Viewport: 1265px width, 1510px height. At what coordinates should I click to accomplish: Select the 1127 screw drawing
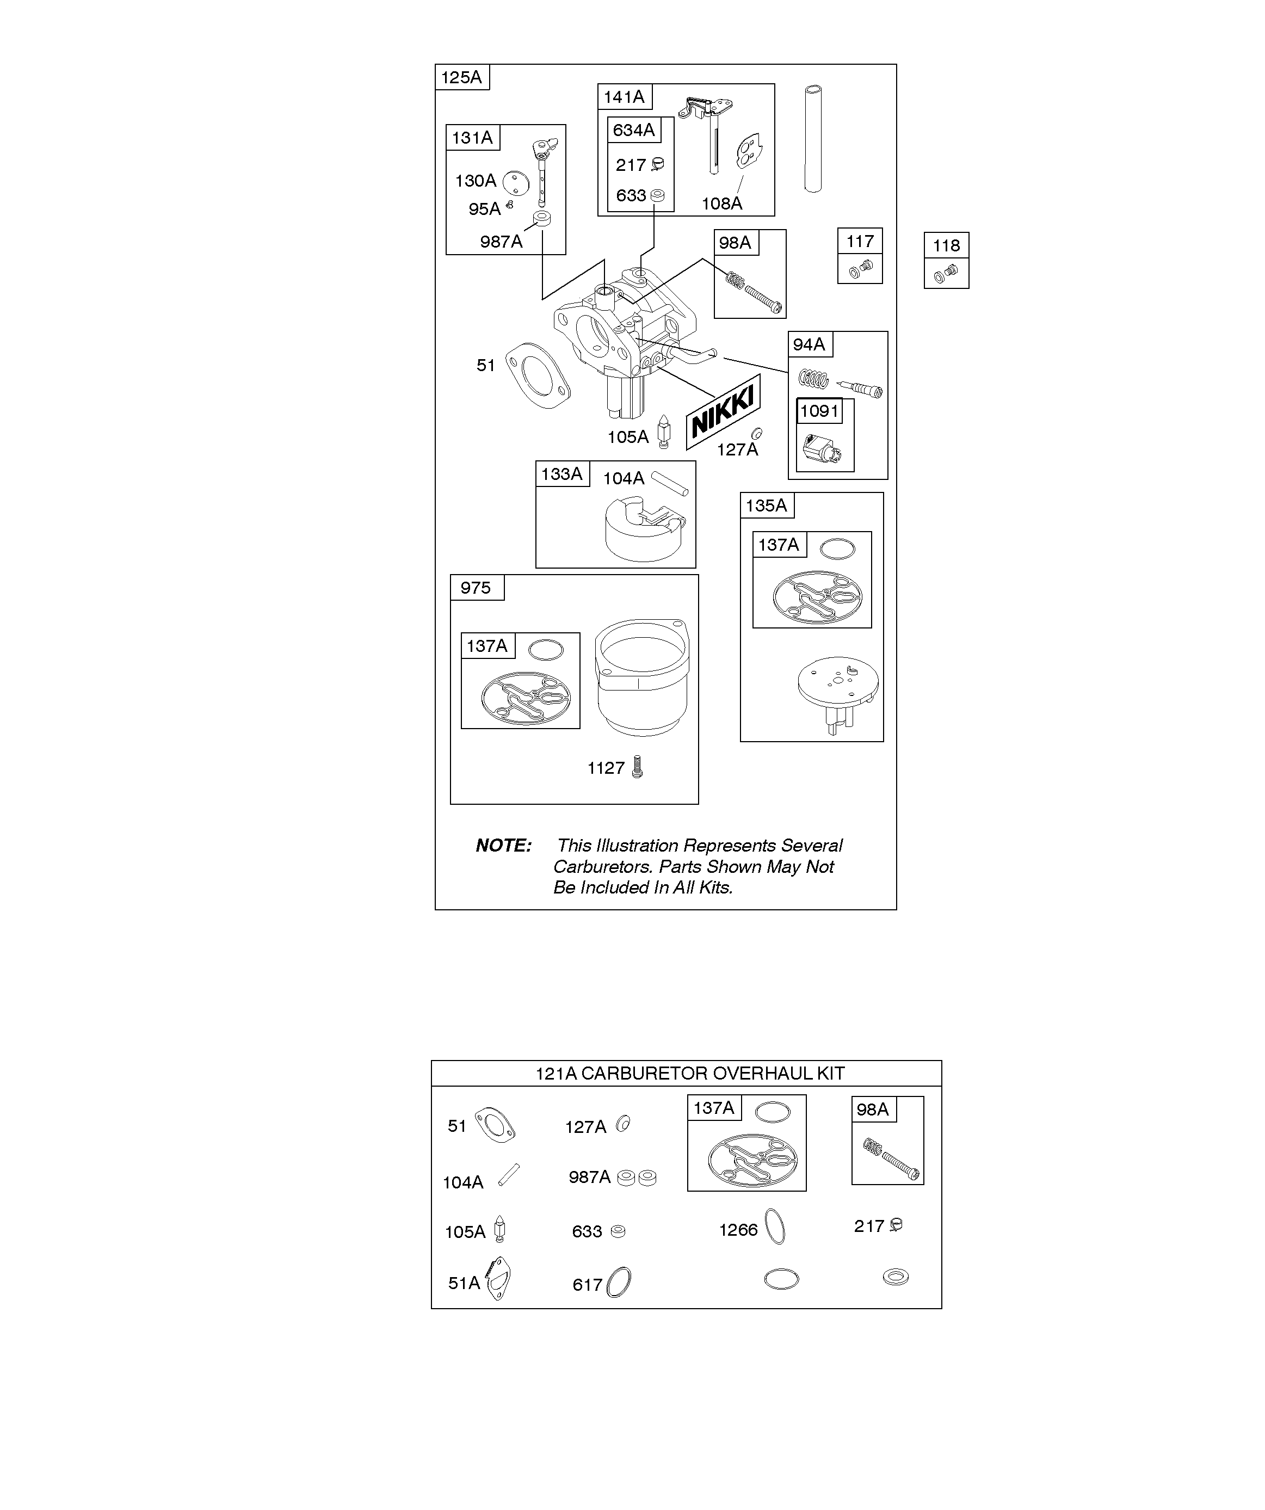pyautogui.click(x=637, y=767)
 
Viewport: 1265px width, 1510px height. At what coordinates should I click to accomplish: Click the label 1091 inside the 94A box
pyautogui.click(x=819, y=411)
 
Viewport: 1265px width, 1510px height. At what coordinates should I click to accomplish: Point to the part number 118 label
pyautogui.click(x=946, y=246)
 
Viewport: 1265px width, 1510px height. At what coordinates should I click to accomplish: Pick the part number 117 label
pyautogui.click(x=860, y=242)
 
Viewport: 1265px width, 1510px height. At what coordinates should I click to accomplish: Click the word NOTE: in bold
pyautogui.click(x=503, y=846)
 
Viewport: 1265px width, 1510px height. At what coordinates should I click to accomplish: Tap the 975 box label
pyautogui.click(x=476, y=588)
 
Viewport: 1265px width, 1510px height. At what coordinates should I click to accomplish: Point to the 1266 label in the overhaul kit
pyautogui.click(x=738, y=1230)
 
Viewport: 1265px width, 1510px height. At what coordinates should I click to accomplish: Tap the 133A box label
pyautogui.click(x=561, y=474)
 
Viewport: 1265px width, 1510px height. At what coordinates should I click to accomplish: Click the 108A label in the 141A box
pyautogui.click(x=722, y=204)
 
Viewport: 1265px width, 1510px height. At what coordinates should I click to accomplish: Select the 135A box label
pyautogui.click(x=767, y=506)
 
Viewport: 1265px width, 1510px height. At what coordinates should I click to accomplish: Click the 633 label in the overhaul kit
pyautogui.click(x=587, y=1232)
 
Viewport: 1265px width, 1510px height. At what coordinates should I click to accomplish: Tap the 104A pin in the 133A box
pyautogui.click(x=670, y=484)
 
